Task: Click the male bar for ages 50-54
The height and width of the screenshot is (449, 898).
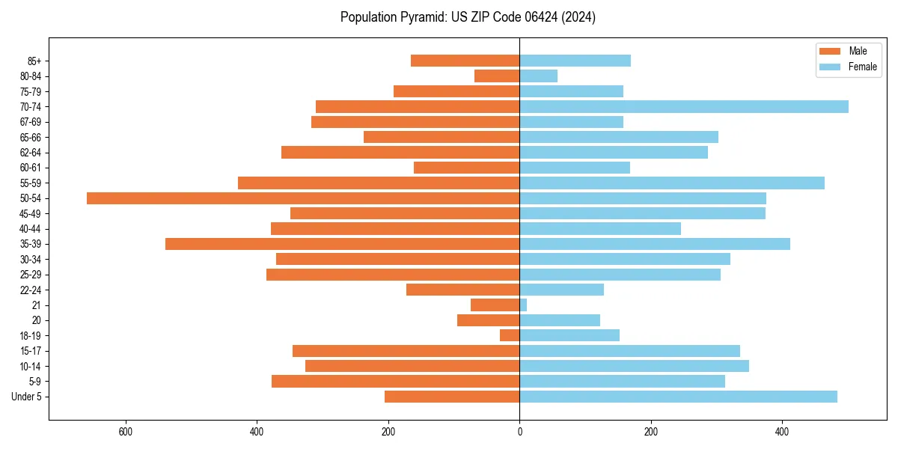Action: click(303, 198)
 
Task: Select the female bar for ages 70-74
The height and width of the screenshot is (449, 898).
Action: click(684, 106)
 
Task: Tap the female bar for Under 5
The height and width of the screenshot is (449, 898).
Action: click(678, 397)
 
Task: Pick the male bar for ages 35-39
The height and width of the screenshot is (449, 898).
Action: click(342, 244)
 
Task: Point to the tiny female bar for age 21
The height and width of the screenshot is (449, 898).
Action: click(523, 305)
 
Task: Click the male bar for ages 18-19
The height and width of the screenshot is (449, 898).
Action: click(510, 335)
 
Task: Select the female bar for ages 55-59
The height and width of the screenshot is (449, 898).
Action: click(672, 183)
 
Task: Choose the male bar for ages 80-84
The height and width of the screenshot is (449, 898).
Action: click(497, 76)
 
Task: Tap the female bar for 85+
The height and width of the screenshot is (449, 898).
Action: click(575, 61)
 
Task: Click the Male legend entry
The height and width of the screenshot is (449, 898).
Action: click(858, 51)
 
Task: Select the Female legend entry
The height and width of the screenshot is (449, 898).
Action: click(862, 67)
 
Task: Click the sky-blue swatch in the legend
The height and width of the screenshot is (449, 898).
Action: click(831, 67)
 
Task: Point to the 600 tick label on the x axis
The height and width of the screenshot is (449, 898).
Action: click(126, 432)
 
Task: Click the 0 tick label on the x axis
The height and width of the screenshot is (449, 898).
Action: click(519, 432)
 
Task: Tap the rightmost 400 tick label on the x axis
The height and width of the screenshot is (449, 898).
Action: click(782, 432)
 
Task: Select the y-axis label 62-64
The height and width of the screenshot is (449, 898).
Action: click(31, 153)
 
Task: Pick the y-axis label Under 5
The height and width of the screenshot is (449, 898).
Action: click(26, 397)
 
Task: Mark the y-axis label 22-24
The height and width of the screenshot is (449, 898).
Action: click(31, 290)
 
